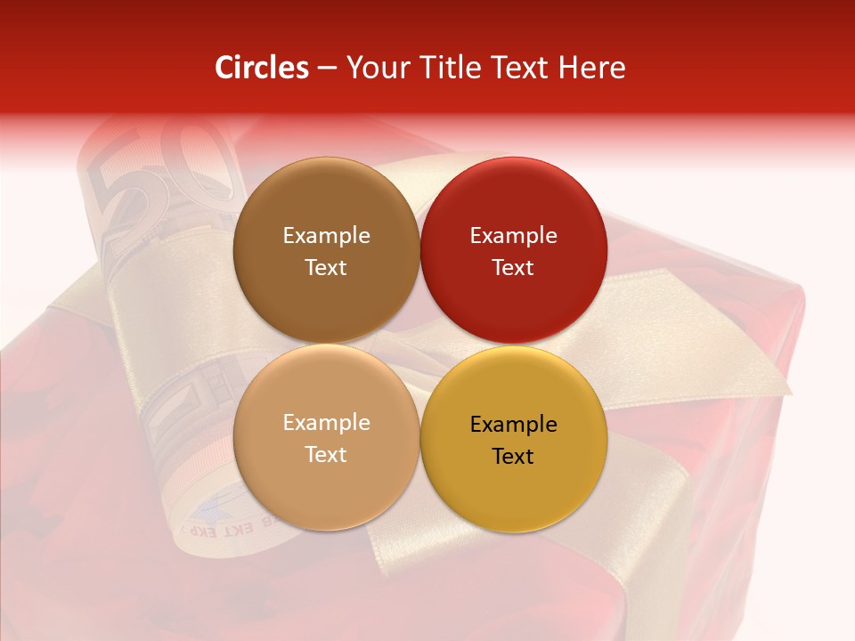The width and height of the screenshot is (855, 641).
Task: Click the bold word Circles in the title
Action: (x=261, y=68)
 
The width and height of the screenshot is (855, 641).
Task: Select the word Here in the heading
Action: (x=592, y=68)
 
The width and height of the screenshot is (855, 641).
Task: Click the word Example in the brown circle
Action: (x=326, y=235)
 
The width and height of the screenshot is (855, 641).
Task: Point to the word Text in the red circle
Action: (x=513, y=267)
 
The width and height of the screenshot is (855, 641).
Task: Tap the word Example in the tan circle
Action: (x=326, y=422)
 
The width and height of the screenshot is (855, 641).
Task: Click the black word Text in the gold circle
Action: (x=513, y=456)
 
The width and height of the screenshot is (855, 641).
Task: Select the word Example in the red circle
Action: (x=513, y=235)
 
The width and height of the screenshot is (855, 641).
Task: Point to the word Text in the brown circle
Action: (x=326, y=267)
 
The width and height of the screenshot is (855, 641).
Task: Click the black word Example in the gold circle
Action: (x=513, y=424)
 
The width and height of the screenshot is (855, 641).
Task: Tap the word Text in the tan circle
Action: (x=326, y=454)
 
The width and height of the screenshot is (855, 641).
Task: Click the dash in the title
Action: (x=326, y=68)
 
